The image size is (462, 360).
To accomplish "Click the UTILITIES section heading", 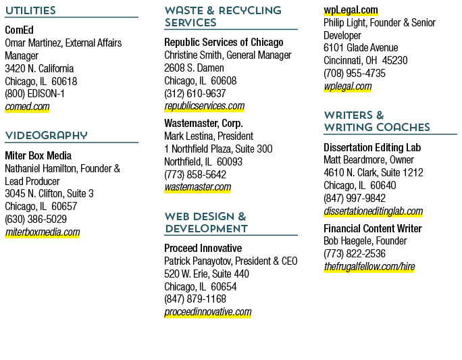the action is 30,11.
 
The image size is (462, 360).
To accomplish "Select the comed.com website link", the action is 27,107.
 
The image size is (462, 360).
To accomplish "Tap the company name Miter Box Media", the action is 38,155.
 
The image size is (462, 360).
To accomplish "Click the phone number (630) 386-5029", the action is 36,220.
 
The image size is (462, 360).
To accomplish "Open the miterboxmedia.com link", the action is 43,232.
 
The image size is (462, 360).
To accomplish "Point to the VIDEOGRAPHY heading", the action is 46,136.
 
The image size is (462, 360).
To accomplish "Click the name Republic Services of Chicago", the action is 224,43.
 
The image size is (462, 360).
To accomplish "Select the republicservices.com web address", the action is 205,106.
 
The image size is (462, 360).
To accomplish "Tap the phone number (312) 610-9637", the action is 195,94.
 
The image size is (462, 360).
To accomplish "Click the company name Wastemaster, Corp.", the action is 203,123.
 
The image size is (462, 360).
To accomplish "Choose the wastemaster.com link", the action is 198,187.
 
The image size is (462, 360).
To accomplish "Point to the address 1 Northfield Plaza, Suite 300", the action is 218,149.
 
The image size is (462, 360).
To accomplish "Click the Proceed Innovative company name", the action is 203,248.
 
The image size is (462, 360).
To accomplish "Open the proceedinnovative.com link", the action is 208,312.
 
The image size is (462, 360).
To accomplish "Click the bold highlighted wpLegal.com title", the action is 351,10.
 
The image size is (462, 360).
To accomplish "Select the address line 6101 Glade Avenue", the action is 361,48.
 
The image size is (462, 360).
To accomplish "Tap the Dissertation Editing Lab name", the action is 372,147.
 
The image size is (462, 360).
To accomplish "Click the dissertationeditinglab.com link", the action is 374,211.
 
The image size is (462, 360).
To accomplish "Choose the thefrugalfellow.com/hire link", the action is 369,267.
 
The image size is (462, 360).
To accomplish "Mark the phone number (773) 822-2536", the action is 355,254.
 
